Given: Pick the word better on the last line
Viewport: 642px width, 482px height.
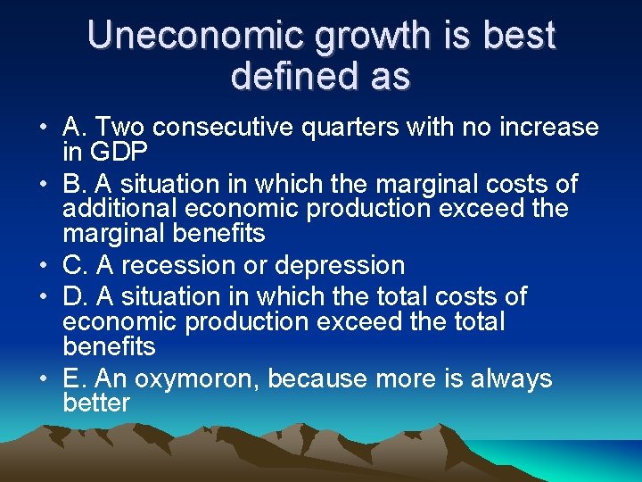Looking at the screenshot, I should point(96,403).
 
